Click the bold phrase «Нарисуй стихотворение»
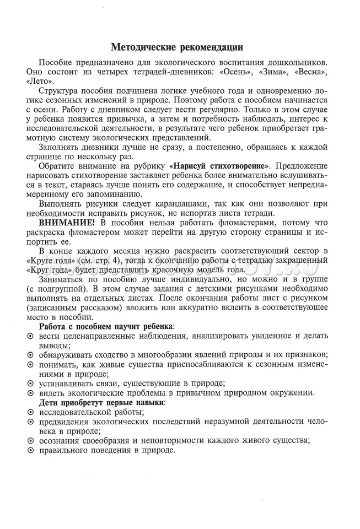219,166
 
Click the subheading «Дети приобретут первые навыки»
102,402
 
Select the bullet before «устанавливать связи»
30,383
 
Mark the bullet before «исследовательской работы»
30,412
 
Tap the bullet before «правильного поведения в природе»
30,450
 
